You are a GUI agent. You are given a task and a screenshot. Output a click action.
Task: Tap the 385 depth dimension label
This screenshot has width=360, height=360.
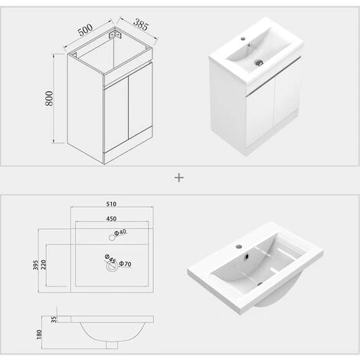click(138, 25)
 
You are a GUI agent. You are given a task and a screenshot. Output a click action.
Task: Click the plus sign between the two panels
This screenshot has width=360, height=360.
click(179, 177)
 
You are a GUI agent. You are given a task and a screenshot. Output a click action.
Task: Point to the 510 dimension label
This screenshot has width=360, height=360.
click(111, 205)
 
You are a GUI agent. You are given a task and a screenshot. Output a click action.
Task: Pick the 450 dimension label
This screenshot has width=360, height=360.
click(111, 219)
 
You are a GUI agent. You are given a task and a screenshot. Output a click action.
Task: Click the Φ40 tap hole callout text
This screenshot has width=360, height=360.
click(120, 233)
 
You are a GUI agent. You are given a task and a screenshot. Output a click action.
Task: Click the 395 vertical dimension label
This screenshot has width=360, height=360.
click(34, 264)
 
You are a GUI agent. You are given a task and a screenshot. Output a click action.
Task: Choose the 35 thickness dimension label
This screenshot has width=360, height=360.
click(54, 319)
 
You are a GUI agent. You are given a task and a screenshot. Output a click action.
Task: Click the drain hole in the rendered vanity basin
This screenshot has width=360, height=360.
click(259, 62)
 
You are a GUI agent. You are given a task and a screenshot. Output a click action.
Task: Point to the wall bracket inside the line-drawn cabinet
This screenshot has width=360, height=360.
click(116, 34)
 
